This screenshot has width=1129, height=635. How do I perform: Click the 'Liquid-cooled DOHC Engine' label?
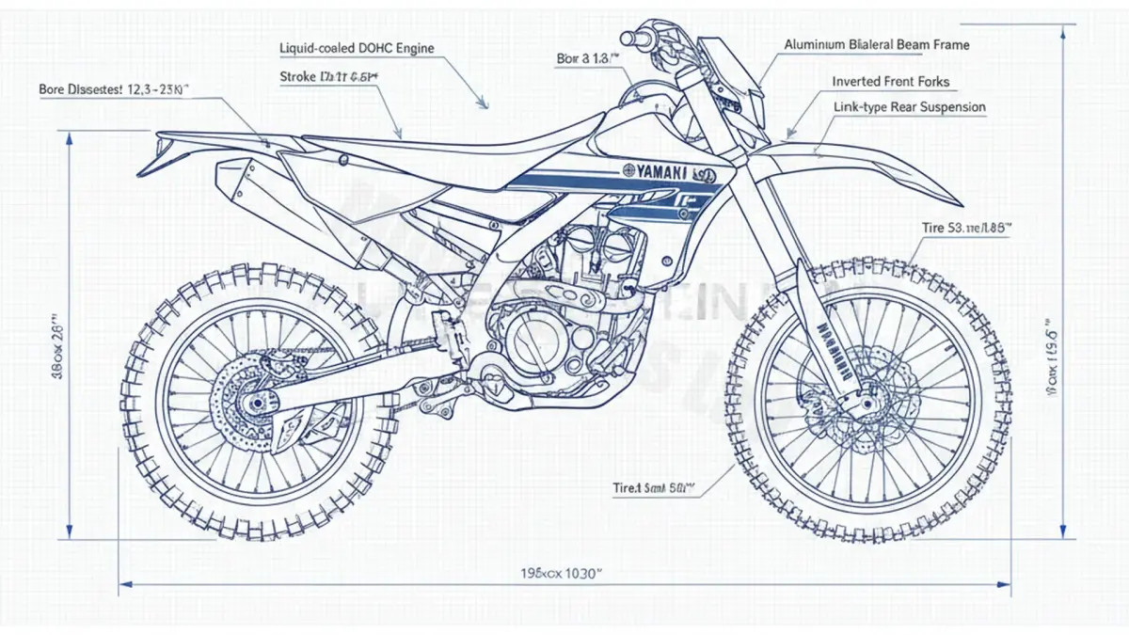357,48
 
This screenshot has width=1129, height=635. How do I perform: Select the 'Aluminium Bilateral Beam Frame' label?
876,44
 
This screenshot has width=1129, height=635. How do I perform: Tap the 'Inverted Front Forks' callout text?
891,82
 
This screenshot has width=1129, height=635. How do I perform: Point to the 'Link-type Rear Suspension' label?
910,107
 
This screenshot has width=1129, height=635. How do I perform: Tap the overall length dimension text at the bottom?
561,573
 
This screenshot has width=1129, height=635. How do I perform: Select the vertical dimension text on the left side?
55,343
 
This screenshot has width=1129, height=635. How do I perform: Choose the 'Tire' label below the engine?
652,488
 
